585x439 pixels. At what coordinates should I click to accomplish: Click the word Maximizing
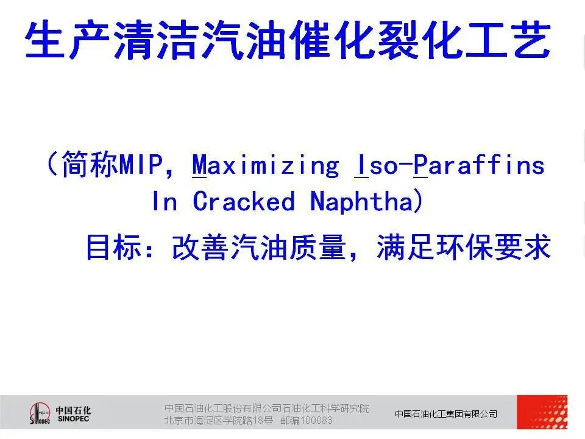pyautogui.click(x=265, y=165)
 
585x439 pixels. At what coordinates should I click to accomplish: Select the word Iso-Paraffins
pyautogui.click(x=449, y=165)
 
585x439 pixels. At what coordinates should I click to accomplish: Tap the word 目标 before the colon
pyautogui.click(x=114, y=247)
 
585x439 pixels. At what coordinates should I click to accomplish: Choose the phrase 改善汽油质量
pyautogui.click(x=258, y=247)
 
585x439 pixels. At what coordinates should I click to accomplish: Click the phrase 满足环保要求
pyautogui.click(x=464, y=247)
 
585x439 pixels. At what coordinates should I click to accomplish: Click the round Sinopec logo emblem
pyautogui.click(x=40, y=413)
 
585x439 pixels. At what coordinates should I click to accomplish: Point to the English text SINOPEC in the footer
pyautogui.click(x=74, y=419)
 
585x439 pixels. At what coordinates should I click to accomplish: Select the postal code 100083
pyautogui.click(x=316, y=420)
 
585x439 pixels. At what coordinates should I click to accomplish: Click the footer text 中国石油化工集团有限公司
pyautogui.click(x=446, y=413)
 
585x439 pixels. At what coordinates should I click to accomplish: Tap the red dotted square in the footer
pyautogui.click(x=542, y=412)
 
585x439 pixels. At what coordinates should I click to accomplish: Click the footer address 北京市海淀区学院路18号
pyautogui.click(x=219, y=420)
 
